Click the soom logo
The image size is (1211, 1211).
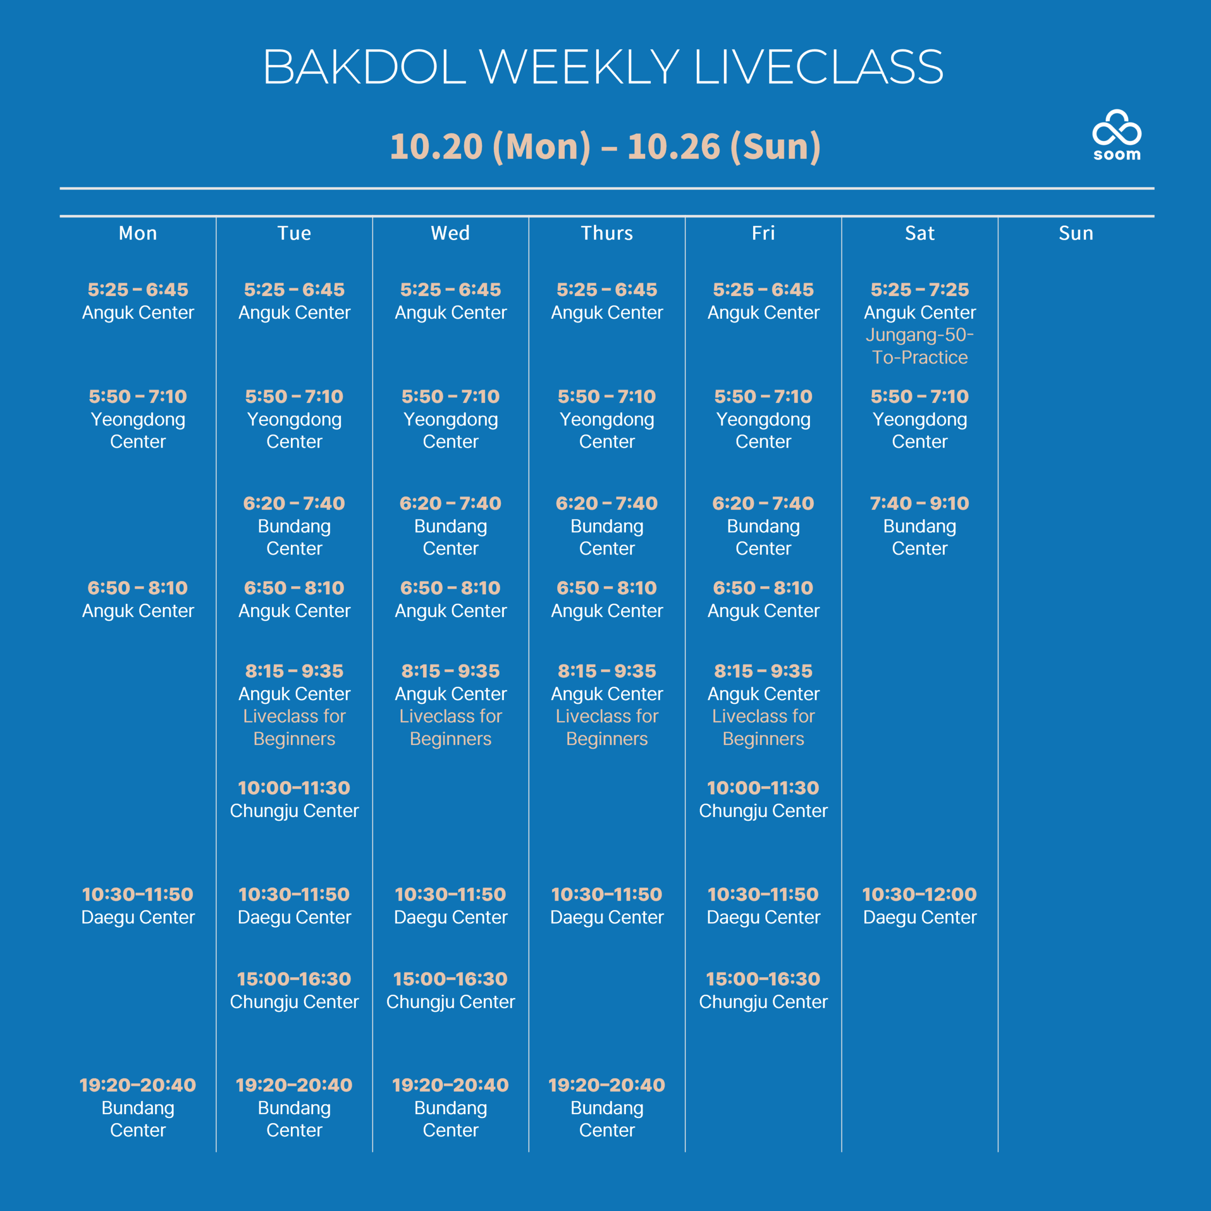(x=1116, y=135)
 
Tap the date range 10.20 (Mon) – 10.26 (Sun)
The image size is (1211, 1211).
(x=605, y=146)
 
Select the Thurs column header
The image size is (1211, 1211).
(x=607, y=233)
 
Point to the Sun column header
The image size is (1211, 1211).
(x=1076, y=233)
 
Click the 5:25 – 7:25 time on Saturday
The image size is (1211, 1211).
(x=920, y=290)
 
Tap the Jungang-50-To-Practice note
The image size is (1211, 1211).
(x=920, y=346)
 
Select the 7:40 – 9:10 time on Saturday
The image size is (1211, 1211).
(x=920, y=503)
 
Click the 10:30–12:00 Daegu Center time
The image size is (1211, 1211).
(x=920, y=895)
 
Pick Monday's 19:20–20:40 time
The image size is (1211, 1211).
(x=138, y=1085)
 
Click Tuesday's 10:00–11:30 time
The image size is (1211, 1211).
(x=294, y=788)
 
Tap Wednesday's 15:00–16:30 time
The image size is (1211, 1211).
(x=451, y=979)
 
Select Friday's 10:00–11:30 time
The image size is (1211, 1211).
(x=763, y=788)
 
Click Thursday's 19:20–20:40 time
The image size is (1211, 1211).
(x=607, y=1085)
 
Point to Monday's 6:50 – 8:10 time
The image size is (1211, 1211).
(x=138, y=588)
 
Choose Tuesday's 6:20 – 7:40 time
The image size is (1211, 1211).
(x=294, y=503)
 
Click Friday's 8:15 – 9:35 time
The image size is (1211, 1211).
(x=763, y=671)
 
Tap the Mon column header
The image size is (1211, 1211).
(x=138, y=233)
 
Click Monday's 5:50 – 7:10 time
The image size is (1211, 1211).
(x=138, y=397)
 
